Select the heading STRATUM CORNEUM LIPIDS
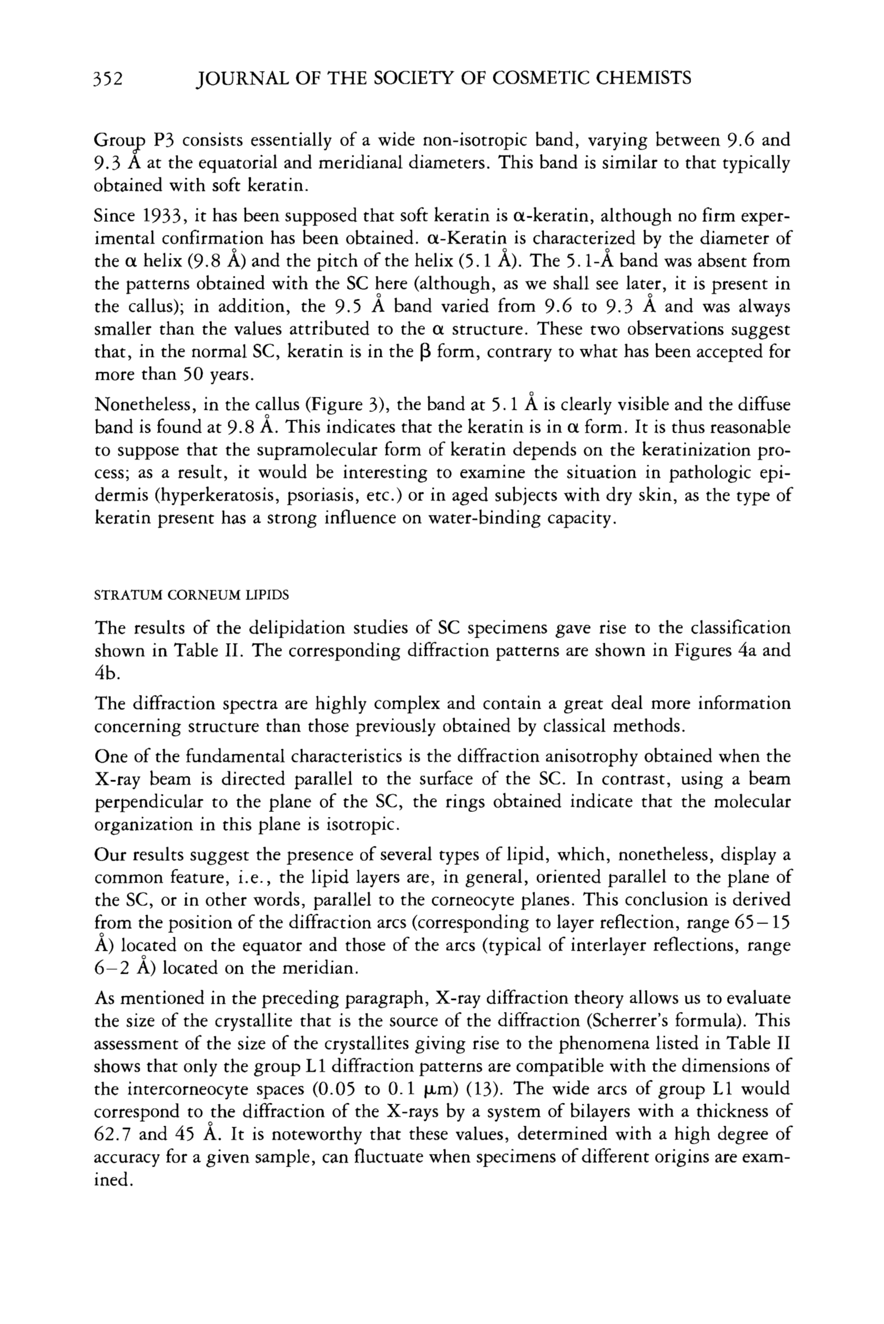point(191,595)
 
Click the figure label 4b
point(105,673)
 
